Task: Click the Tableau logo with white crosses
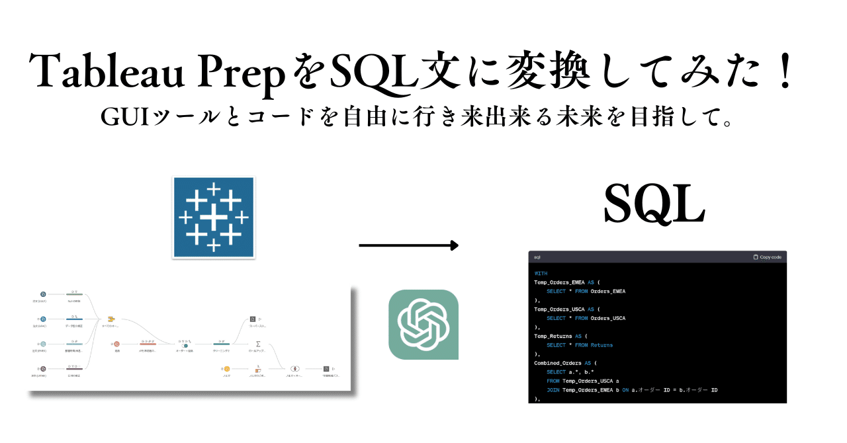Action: click(213, 217)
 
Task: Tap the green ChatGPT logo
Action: click(423, 325)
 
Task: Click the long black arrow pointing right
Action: click(408, 246)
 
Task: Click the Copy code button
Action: click(767, 257)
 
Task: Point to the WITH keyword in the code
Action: click(541, 273)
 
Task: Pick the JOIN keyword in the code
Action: click(553, 390)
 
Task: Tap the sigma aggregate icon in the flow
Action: click(258, 344)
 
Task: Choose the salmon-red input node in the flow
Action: click(116, 344)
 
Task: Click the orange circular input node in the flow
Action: click(226, 368)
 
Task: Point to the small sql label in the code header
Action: click(537, 257)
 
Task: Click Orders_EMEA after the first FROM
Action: click(608, 291)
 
